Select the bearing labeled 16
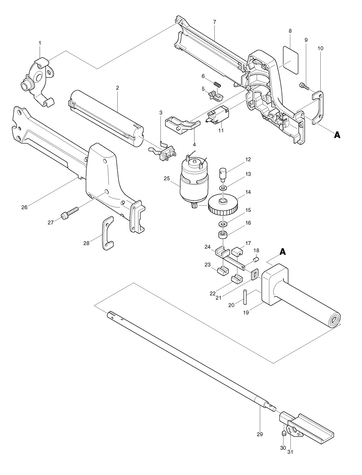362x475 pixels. coord(223,235)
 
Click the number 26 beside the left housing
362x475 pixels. coord(24,207)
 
